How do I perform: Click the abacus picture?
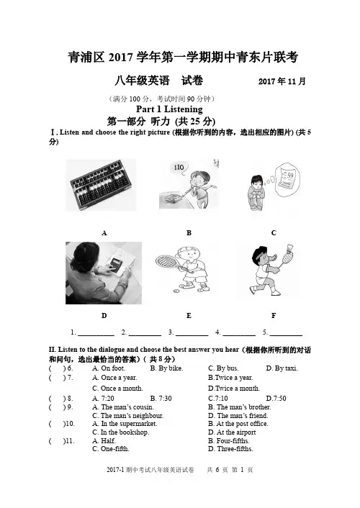101,185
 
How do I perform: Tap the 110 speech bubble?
179,168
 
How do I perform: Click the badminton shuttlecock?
291,249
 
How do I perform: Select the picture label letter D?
104,316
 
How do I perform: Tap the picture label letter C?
274,233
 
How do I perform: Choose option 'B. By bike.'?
167,368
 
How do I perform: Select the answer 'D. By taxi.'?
282,368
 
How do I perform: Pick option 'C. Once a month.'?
117,389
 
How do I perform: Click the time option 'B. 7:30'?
161,398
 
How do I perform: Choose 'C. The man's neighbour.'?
127,416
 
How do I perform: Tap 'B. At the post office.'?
238,424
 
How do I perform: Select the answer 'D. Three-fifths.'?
230,449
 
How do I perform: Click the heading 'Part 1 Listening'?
169,109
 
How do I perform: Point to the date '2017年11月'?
282,81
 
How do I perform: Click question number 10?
69,424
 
